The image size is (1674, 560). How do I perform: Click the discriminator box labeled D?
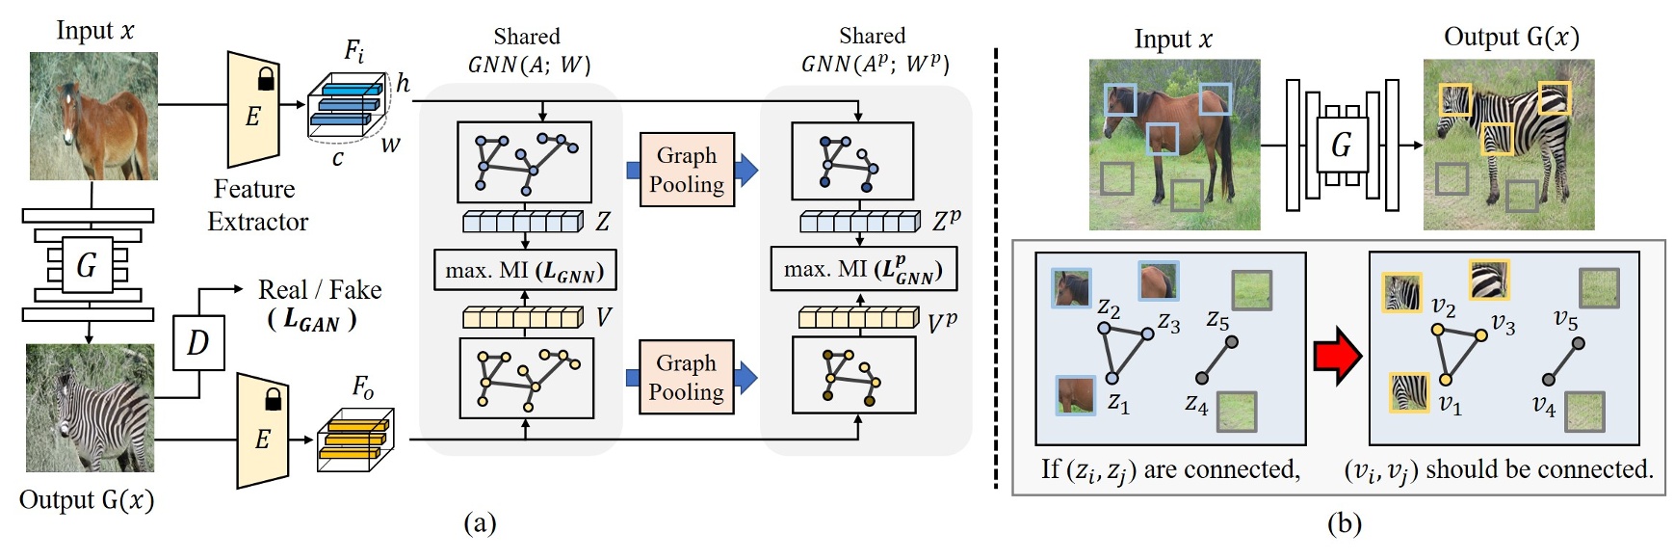[198, 342]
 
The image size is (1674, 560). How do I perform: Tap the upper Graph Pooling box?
[686, 170]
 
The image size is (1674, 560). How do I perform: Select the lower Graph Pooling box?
[686, 377]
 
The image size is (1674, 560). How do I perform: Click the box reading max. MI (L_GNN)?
[525, 271]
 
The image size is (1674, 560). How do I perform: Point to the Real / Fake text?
[319, 290]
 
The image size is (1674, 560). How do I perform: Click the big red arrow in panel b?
[1337, 357]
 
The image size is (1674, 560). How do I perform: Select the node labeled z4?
[1201, 379]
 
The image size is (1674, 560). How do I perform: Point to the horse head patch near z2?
[1071, 288]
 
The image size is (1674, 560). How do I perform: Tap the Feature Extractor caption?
[257, 205]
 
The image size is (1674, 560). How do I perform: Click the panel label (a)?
[479, 523]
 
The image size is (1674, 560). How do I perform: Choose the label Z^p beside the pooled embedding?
[947, 221]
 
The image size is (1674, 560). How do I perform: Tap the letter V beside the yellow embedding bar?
[604, 317]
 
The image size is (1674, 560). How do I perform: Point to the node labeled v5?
[1578, 343]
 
